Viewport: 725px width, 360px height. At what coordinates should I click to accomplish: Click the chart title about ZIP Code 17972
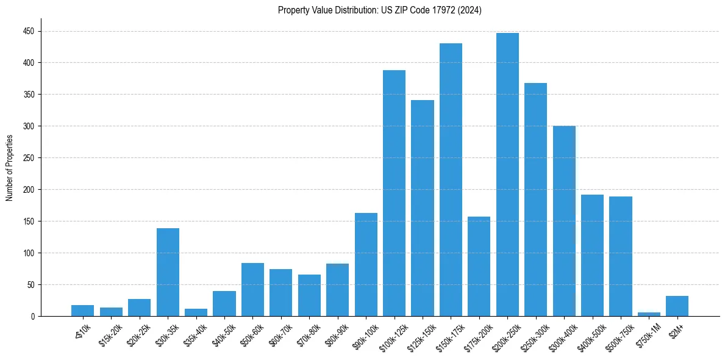click(x=379, y=10)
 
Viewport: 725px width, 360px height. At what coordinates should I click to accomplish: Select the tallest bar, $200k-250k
click(x=507, y=175)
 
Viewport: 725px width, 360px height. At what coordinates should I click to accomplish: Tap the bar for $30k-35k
click(x=168, y=272)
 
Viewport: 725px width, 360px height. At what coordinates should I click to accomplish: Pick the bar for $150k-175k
click(x=451, y=179)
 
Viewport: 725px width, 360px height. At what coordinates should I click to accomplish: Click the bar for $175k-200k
click(x=479, y=267)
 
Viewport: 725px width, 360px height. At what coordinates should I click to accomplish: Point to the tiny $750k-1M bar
click(x=649, y=314)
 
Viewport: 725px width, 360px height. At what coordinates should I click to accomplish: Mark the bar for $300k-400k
click(x=564, y=221)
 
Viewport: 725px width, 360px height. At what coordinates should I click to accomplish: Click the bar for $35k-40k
click(x=196, y=312)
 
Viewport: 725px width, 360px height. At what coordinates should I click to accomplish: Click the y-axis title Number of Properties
click(x=10, y=168)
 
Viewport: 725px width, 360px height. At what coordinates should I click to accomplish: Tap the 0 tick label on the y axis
click(x=34, y=317)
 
